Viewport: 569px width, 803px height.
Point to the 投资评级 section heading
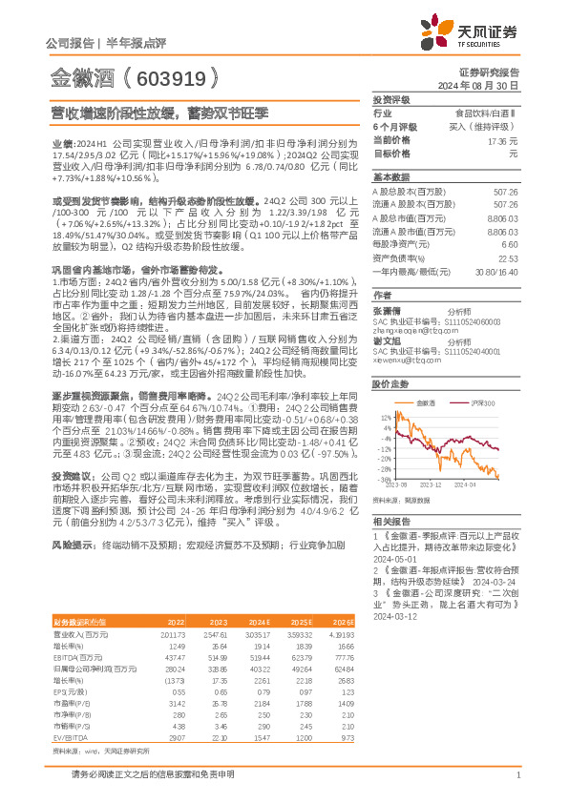[x=390, y=99]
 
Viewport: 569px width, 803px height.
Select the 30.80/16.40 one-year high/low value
[x=496, y=271]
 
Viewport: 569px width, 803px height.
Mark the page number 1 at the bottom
[x=516, y=776]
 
